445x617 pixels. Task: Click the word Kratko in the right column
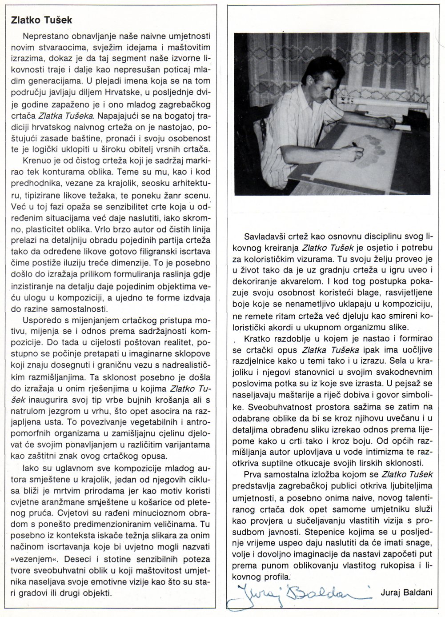click(254, 339)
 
